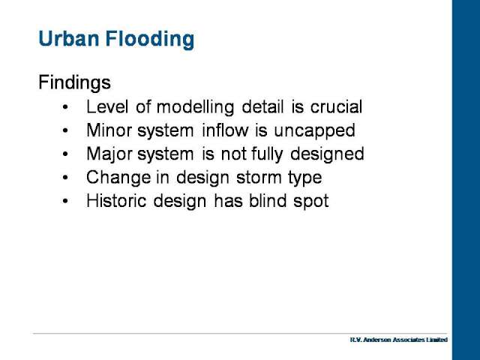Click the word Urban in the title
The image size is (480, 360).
click(69, 38)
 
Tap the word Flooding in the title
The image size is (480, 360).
click(150, 40)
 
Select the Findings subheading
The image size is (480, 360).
click(74, 83)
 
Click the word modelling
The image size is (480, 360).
click(195, 107)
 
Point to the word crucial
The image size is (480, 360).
click(336, 106)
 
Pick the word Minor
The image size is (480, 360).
click(109, 130)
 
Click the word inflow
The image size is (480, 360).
click(225, 130)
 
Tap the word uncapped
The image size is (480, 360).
click(314, 131)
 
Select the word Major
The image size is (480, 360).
click(109, 154)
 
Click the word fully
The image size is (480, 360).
click(267, 154)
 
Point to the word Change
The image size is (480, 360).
click(118, 178)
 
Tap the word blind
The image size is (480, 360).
click(268, 201)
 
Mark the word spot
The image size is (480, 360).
click(311, 202)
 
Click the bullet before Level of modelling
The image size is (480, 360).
click(65, 107)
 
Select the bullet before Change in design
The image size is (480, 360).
click(65, 178)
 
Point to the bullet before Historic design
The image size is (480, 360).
click(65, 201)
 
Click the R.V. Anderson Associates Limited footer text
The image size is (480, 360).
click(398, 340)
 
